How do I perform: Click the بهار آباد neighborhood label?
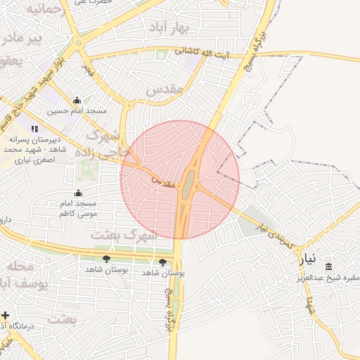coord(170,27)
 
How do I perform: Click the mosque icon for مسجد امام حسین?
coord(77,101)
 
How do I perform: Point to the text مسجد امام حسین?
coord(77,111)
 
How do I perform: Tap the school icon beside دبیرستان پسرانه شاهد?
coord(34,129)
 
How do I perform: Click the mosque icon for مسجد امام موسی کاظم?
coord(77,193)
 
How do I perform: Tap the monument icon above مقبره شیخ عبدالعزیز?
coord(328,266)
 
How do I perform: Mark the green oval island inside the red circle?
coord(188,184)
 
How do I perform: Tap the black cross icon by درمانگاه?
coord(6,315)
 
